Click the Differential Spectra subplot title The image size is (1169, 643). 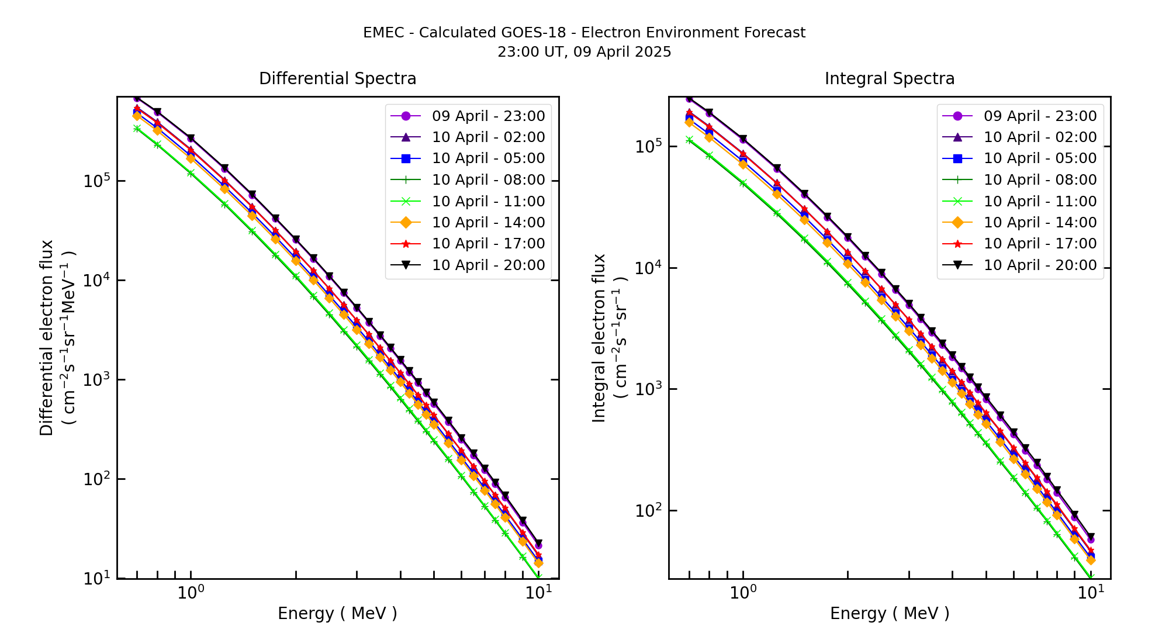(x=337, y=79)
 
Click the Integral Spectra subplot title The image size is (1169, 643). (x=889, y=79)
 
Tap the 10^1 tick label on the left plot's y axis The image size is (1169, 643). (x=96, y=578)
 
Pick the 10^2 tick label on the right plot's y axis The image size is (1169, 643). (x=648, y=510)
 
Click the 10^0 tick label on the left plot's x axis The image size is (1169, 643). (x=191, y=593)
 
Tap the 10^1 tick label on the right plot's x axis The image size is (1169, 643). (x=1091, y=593)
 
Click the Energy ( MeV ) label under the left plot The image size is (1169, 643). (x=337, y=614)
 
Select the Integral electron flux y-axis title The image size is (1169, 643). (x=600, y=338)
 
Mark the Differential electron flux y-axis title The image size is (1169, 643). (x=47, y=338)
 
